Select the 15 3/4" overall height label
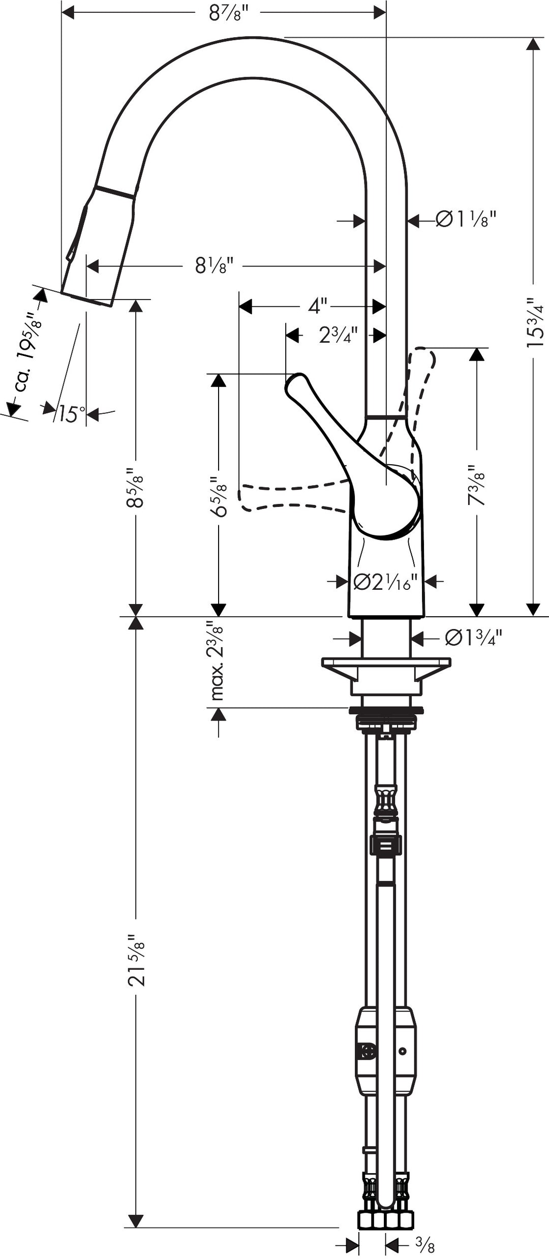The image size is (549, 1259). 535,323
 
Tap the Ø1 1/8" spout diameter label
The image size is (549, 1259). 466,220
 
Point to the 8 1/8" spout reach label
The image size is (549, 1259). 214,265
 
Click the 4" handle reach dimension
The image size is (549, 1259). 318,306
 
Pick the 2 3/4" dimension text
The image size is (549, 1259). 338,335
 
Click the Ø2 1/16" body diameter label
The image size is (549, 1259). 385,582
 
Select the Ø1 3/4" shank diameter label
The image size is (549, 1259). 473,638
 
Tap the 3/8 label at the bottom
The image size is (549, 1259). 425,1244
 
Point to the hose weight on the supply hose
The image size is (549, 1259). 385,1050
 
